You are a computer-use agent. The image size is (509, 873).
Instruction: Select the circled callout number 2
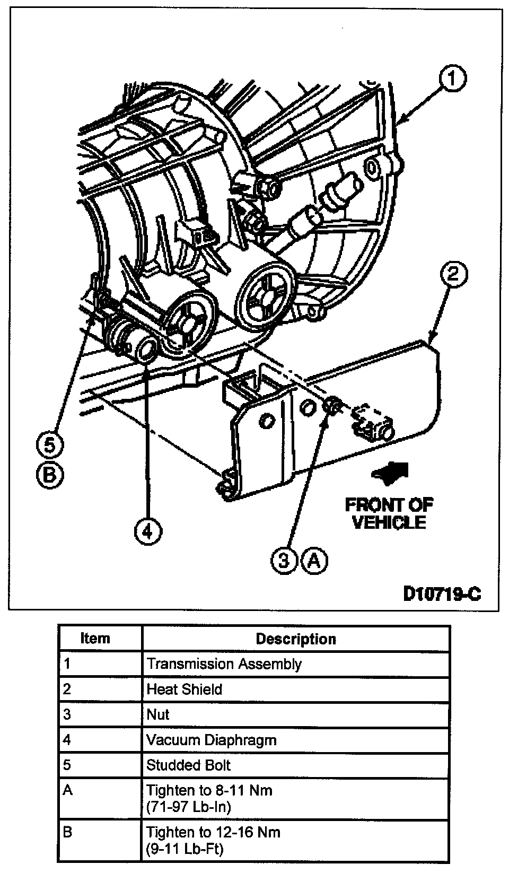click(453, 275)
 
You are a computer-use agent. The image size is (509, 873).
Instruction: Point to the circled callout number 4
click(148, 531)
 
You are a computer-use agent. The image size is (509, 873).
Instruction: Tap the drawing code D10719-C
click(442, 593)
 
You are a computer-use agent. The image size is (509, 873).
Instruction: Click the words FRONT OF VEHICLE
click(389, 513)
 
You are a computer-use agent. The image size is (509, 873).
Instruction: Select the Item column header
click(95, 638)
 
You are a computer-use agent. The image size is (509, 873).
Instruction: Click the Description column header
click(296, 639)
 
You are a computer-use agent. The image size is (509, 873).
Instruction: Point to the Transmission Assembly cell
click(224, 664)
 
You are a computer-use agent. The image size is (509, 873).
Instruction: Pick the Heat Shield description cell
click(185, 689)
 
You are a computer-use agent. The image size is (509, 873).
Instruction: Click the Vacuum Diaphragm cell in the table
click(212, 740)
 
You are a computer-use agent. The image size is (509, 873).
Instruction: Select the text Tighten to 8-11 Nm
click(209, 791)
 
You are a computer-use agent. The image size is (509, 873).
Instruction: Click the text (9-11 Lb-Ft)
click(185, 849)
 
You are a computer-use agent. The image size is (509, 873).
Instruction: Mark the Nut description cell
click(158, 715)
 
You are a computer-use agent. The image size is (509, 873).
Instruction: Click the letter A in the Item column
click(67, 791)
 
